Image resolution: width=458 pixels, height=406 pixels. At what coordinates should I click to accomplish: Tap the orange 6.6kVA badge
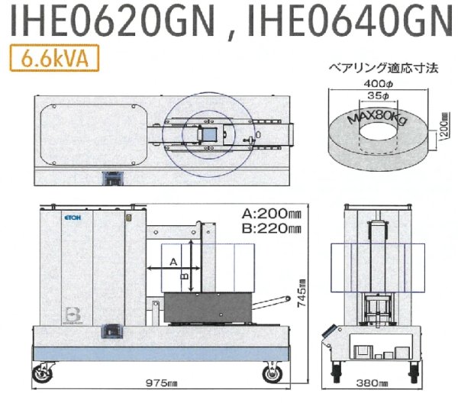51,59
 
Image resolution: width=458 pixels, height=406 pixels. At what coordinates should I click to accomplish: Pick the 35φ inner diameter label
376,97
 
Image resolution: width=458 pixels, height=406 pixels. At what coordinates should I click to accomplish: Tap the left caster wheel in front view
48,372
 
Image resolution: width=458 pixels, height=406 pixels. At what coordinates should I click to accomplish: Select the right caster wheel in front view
271,375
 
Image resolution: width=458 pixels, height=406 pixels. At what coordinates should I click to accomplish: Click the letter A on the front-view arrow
173,262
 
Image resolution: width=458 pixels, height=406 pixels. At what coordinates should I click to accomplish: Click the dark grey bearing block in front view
206,308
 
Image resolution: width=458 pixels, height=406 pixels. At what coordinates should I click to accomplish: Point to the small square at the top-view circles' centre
208,134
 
